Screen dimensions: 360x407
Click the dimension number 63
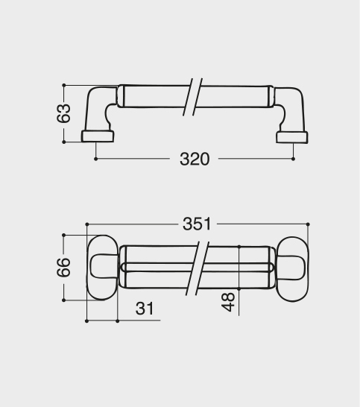click(x=63, y=113)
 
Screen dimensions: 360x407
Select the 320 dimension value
click(x=195, y=159)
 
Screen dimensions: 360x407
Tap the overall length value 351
click(x=197, y=224)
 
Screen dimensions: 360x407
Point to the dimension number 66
click(x=63, y=268)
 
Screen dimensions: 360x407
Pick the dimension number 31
click(x=145, y=309)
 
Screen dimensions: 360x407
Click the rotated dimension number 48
click(x=228, y=302)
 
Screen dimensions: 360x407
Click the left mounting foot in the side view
click(x=98, y=136)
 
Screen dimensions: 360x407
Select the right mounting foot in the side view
click(x=292, y=137)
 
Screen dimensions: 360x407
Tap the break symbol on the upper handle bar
click(x=193, y=97)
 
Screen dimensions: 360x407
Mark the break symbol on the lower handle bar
click(x=198, y=268)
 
